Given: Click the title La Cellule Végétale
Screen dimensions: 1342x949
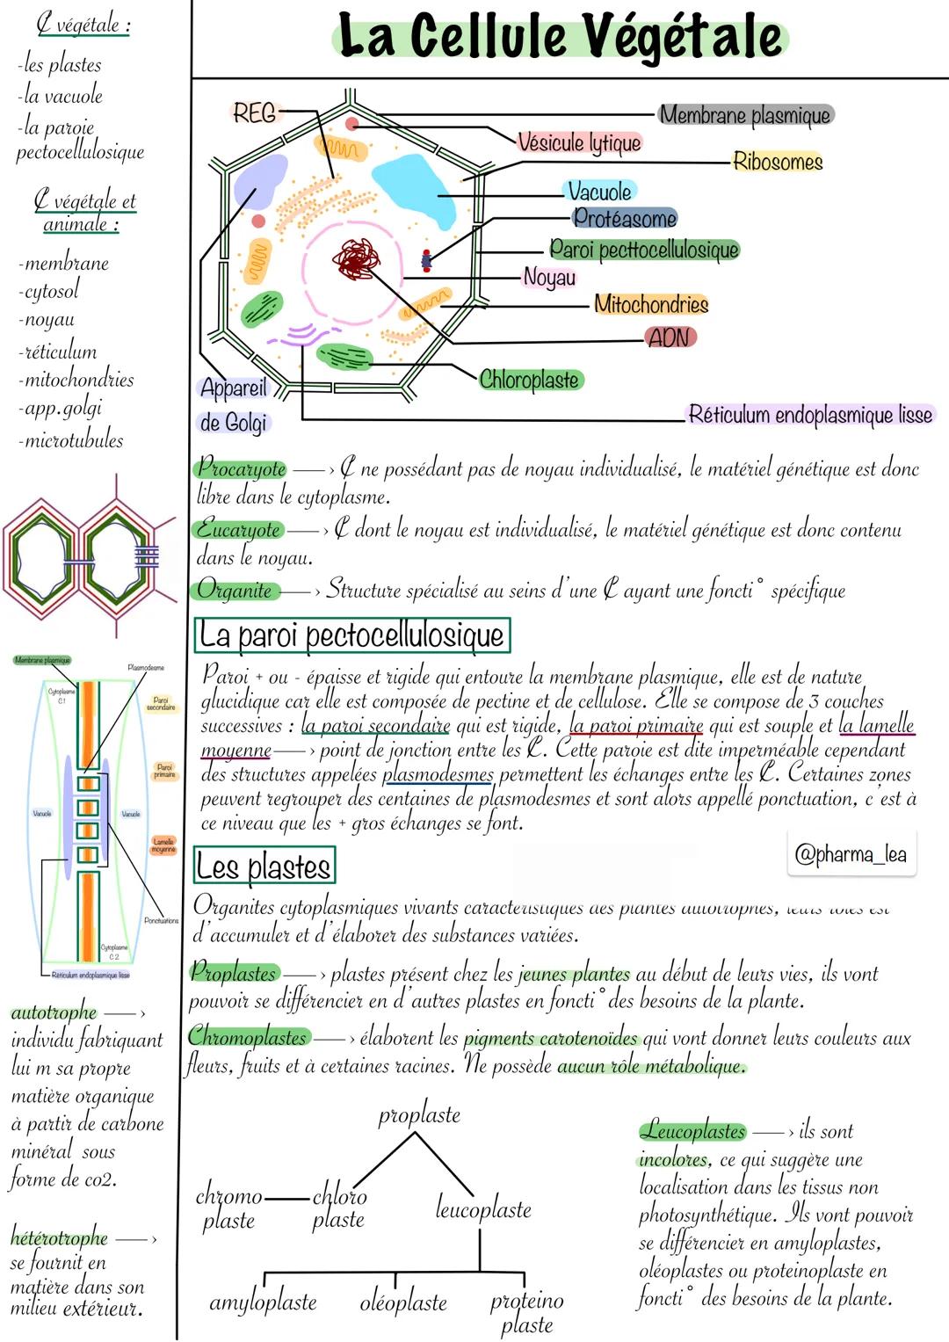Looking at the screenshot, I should coord(560,37).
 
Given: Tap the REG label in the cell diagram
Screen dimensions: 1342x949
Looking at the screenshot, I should coord(254,112).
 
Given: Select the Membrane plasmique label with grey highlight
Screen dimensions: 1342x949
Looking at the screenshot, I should coord(744,115).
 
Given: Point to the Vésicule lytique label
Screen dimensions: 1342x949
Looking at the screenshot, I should coord(579,142).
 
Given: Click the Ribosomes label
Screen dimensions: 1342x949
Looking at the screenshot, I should coord(778,162).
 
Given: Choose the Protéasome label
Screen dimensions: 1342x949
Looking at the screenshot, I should coord(625,219).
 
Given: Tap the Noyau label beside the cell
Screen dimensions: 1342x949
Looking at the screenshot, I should coord(549,278).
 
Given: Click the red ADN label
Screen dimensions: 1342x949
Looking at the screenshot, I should coord(669,337).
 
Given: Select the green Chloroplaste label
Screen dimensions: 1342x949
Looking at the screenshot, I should coord(529,380).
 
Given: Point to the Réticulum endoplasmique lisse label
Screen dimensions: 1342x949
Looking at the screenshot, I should coord(809,415).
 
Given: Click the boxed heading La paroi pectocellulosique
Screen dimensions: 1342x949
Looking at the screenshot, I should coord(351,635).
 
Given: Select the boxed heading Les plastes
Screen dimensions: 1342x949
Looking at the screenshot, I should coord(264,867).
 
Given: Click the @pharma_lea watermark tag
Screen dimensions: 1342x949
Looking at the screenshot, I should coord(850,854).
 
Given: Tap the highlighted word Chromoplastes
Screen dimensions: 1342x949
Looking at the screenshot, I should coord(249,1037).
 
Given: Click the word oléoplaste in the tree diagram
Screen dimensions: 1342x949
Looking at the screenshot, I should coord(403,1302).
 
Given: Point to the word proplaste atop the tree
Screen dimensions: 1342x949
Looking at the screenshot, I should coord(419,1115).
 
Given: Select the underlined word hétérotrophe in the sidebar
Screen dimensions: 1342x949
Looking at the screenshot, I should coord(59,1238).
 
